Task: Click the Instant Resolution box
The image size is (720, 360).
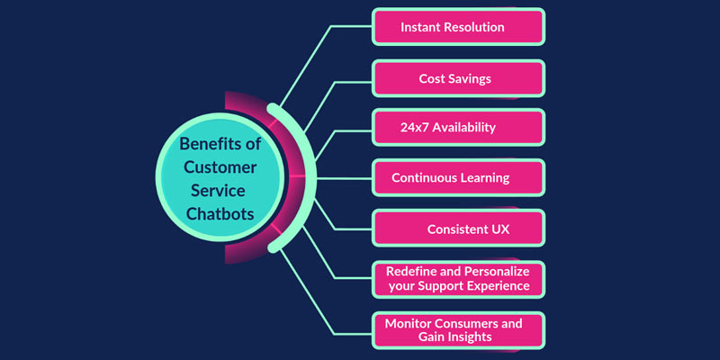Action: click(458, 27)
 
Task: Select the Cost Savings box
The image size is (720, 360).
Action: click(458, 78)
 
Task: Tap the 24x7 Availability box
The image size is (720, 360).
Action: click(458, 127)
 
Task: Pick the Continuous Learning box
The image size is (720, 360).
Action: click(458, 177)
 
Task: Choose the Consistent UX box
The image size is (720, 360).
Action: click(458, 229)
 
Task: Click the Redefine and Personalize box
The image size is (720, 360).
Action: click(458, 279)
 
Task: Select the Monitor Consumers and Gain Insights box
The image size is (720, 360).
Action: click(458, 330)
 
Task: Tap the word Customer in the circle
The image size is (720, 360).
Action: click(220, 167)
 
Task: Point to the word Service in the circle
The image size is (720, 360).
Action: click(218, 190)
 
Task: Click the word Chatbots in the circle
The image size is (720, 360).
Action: click(220, 213)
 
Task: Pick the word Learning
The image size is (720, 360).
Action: click(487, 178)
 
